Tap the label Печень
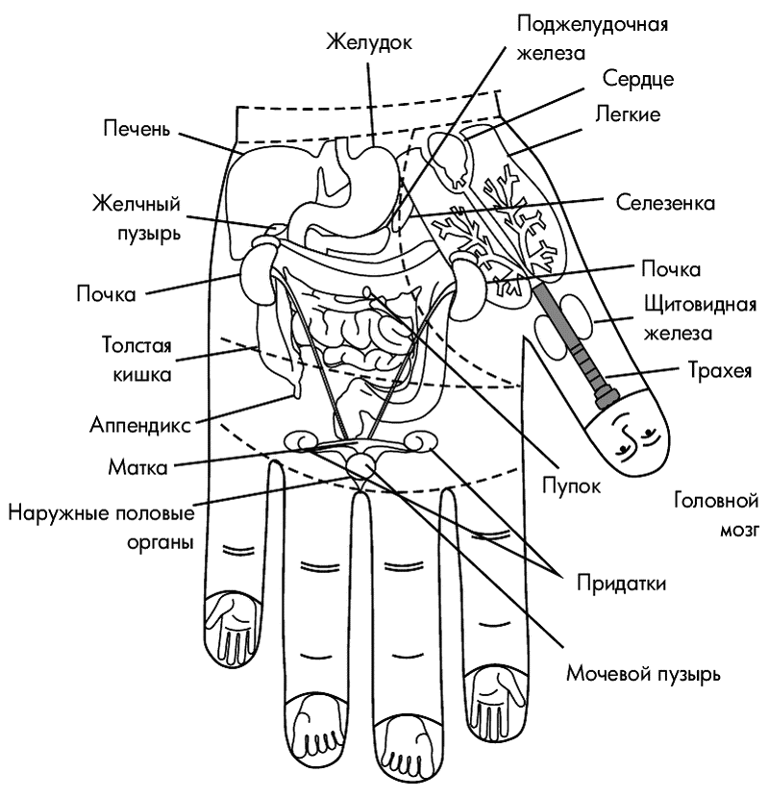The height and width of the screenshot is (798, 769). pyautogui.click(x=136, y=129)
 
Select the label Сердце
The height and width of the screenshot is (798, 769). pyautogui.click(x=638, y=80)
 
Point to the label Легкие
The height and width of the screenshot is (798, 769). pyautogui.click(x=628, y=114)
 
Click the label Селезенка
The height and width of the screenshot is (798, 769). pyautogui.click(x=665, y=203)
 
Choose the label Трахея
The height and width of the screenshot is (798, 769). pyautogui.click(x=720, y=370)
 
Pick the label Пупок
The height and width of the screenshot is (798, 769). pyautogui.click(x=571, y=486)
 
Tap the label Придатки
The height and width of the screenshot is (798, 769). pyautogui.click(x=621, y=584)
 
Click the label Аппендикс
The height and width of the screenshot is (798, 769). pyautogui.click(x=140, y=424)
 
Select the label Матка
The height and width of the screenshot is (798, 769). pyautogui.click(x=137, y=467)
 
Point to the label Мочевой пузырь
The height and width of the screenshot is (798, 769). pyautogui.click(x=643, y=674)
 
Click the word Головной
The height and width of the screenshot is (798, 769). pyautogui.click(x=716, y=501)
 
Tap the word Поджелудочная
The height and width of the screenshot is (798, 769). pyautogui.click(x=592, y=25)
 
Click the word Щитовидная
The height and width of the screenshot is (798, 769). pyautogui.click(x=701, y=306)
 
